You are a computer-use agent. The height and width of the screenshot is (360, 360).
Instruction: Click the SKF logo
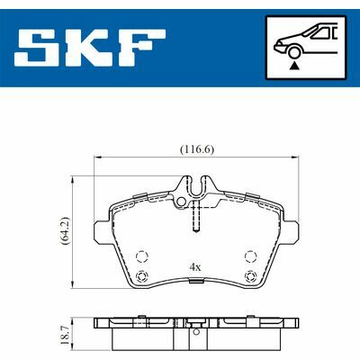click(x=91, y=48)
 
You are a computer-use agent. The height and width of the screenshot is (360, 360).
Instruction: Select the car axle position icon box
click(x=307, y=47)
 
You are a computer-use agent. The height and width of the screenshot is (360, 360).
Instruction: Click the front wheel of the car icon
click(x=294, y=51)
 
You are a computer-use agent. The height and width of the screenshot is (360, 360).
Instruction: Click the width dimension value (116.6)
click(x=197, y=149)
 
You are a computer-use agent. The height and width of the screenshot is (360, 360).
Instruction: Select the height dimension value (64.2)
click(x=65, y=231)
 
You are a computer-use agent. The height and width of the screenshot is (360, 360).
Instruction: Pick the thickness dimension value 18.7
click(x=65, y=331)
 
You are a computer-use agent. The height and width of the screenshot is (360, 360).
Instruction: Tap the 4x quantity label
click(x=195, y=266)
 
